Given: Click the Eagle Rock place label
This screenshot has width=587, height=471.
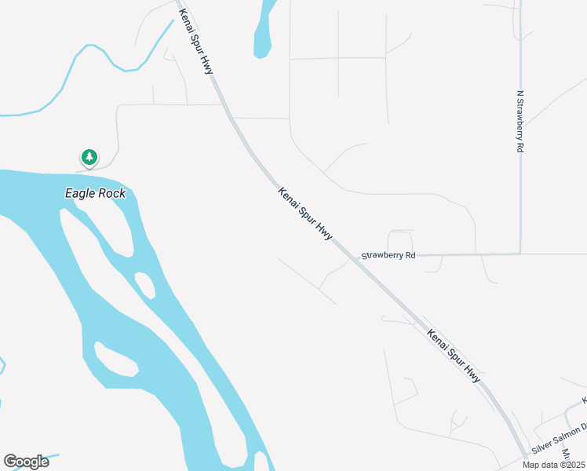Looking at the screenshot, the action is (x=95, y=193).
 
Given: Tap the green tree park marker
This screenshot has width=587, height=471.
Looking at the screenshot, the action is (x=89, y=158).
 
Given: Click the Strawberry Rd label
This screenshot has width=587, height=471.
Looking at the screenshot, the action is (x=388, y=256).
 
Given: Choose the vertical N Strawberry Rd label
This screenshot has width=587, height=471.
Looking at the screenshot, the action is (x=520, y=121).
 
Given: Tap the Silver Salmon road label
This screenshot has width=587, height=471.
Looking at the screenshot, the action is (x=560, y=439).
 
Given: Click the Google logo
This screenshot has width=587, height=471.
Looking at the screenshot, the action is (x=26, y=462).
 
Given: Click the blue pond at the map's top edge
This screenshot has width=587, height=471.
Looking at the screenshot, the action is (x=264, y=31).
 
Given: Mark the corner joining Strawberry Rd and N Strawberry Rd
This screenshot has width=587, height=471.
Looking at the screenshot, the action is (x=520, y=254).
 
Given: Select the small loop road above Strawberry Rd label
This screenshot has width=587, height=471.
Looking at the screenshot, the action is (x=400, y=239).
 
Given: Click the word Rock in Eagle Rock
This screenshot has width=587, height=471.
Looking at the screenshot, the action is (x=112, y=193).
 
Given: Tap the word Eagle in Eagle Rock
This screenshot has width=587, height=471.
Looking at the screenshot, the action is (x=81, y=193).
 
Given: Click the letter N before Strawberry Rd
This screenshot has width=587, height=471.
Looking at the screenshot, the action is (x=520, y=93).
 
